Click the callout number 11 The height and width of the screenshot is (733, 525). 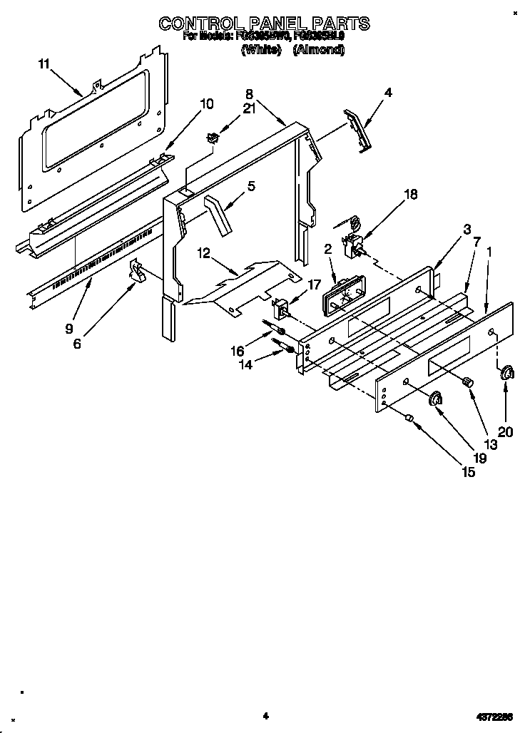pos(44,64)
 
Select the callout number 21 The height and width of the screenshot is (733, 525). pos(248,108)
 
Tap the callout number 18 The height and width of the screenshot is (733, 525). pos(411,194)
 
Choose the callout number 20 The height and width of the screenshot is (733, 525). pos(506,430)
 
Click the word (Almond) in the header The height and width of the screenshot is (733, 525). pos(319,50)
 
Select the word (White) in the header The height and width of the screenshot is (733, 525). pos(260,50)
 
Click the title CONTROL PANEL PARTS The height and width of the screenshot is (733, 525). pos(264,24)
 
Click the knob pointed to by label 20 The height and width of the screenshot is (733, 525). pos(507,373)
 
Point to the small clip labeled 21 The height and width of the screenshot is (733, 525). pos(212,138)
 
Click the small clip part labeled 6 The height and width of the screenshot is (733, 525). pos(137,270)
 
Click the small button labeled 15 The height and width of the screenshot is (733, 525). pos(409,418)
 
